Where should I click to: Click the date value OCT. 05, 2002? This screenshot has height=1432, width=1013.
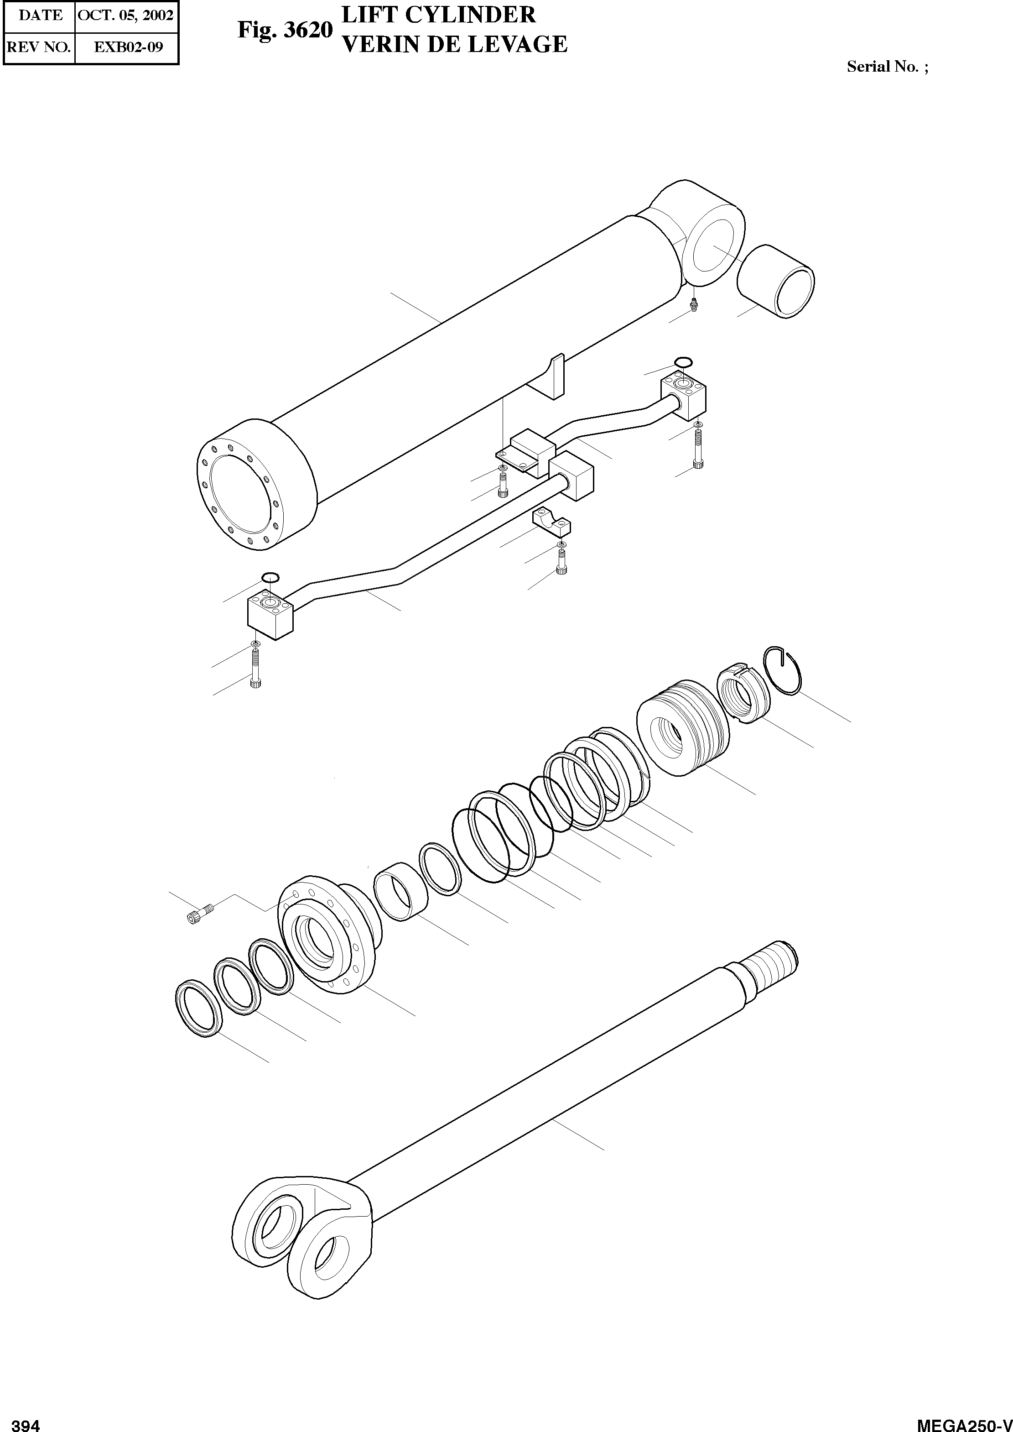click(x=125, y=15)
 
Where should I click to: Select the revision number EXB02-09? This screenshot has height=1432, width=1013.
click(x=128, y=47)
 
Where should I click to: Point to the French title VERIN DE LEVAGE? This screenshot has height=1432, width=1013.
click(x=455, y=44)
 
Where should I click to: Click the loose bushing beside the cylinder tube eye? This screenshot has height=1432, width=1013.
click(x=775, y=281)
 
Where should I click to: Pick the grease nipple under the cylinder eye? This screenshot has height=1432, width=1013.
click(x=694, y=304)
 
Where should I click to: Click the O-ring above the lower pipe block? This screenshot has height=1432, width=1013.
click(x=270, y=576)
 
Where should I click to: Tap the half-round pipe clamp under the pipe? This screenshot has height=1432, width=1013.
click(x=551, y=522)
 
